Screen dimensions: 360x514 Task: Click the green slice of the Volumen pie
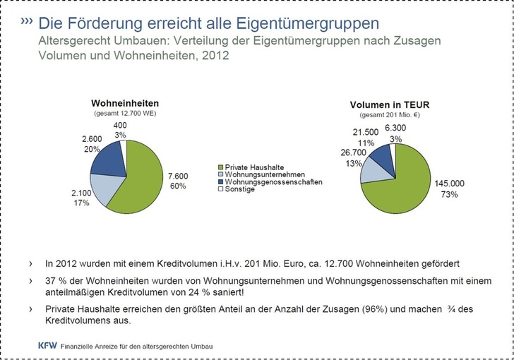coord(406,180)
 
